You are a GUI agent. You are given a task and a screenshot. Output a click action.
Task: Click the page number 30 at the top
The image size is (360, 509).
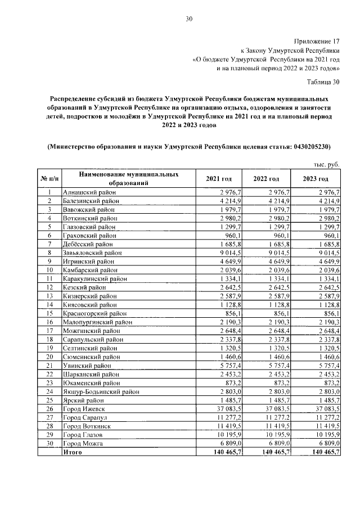click(x=189, y=20)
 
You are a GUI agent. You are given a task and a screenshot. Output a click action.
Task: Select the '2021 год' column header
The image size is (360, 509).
click(x=219, y=179)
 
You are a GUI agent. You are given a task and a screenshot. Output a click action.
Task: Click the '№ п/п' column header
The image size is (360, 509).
click(x=49, y=179)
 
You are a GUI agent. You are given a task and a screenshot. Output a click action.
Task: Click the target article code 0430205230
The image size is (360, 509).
click(x=310, y=147)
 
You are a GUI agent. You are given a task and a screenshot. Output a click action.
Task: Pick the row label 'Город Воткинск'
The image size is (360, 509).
click(x=86, y=426)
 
